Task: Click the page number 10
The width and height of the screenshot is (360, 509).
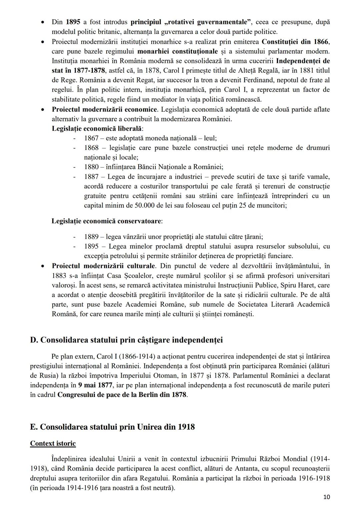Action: [x=326, y=497]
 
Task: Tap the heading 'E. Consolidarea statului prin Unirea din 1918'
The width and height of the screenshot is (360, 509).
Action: [x=112, y=427]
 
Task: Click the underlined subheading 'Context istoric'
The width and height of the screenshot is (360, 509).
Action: [x=53, y=443]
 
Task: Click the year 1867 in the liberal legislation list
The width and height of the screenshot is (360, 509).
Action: [x=91, y=138]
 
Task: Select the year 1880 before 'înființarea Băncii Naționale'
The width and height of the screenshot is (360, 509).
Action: [x=91, y=167]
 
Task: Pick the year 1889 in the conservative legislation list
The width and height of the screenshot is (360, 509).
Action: [x=91, y=237]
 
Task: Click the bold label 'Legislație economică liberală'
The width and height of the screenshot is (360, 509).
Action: [x=97, y=128]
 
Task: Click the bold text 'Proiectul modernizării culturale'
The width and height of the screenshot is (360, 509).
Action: [x=103, y=266]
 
